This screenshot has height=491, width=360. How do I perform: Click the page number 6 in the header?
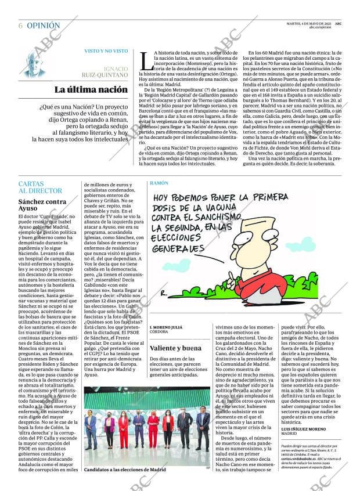click(x=21, y=26)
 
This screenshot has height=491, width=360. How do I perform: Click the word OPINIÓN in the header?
click(x=43, y=26)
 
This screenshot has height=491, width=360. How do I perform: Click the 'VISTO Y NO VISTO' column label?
click(x=106, y=51)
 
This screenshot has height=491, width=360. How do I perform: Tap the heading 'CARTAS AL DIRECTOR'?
click(x=40, y=187)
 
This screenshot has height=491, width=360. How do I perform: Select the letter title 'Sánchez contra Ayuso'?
click(x=42, y=205)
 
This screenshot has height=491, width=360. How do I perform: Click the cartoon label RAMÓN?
click(x=159, y=183)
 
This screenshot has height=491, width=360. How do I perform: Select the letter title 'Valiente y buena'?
click(x=176, y=348)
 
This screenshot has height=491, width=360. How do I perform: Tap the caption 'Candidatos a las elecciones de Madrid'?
click(x=125, y=469)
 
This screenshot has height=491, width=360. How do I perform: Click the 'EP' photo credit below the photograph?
click(x=207, y=468)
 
